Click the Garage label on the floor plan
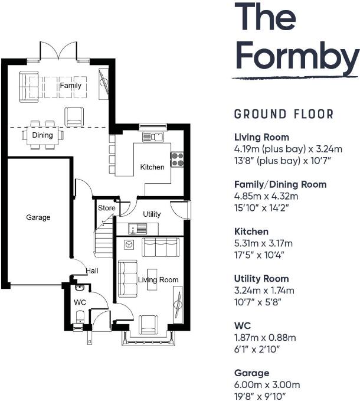(x=38, y=218)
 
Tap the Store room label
(x=107, y=208)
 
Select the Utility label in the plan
(x=152, y=214)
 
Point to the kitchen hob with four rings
(x=177, y=159)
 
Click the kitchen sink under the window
(x=153, y=137)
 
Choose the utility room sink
(x=138, y=229)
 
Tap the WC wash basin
(x=80, y=288)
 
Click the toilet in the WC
(x=80, y=317)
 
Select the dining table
(x=42, y=135)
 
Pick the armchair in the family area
(x=74, y=116)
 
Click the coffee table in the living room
(x=152, y=279)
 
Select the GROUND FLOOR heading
(x=284, y=114)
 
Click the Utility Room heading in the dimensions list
(x=261, y=279)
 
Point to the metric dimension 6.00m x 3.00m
(x=267, y=384)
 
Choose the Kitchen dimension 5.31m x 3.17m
(x=263, y=243)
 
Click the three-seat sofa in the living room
(x=161, y=247)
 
